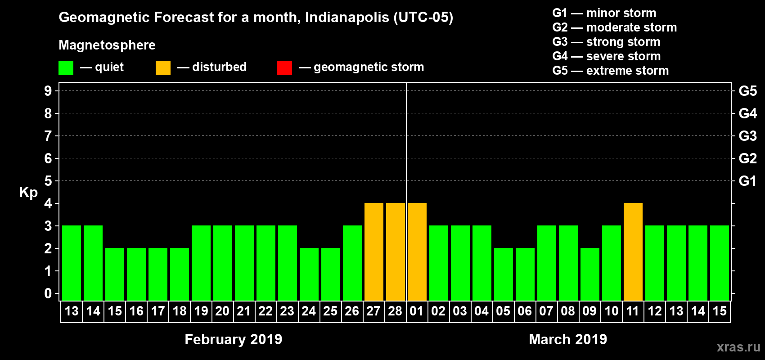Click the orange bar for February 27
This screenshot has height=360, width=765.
(x=374, y=252)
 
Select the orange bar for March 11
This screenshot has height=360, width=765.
(x=633, y=252)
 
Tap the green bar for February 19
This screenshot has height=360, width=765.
(x=201, y=263)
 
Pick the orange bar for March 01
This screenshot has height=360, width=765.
(x=417, y=252)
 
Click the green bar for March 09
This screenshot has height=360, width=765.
(x=590, y=274)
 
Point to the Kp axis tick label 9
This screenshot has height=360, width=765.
(x=48, y=91)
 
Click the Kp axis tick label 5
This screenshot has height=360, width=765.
(x=48, y=181)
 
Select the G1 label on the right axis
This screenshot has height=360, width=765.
(x=747, y=181)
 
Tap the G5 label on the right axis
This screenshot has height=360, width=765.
(x=747, y=91)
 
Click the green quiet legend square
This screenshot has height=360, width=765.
(x=66, y=68)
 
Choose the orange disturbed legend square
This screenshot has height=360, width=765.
(x=163, y=68)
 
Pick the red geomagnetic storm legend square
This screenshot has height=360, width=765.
(x=285, y=68)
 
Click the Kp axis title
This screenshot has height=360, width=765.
(x=28, y=192)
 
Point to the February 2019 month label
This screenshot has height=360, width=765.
(x=233, y=339)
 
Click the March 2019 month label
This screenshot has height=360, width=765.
(x=568, y=339)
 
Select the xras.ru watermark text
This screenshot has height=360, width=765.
(x=738, y=347)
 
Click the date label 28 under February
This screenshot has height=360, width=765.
(x=395, y=311)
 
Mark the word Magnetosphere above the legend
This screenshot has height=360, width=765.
(x=107, y=45)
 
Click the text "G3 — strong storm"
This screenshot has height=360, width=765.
(x=606, y=42)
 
